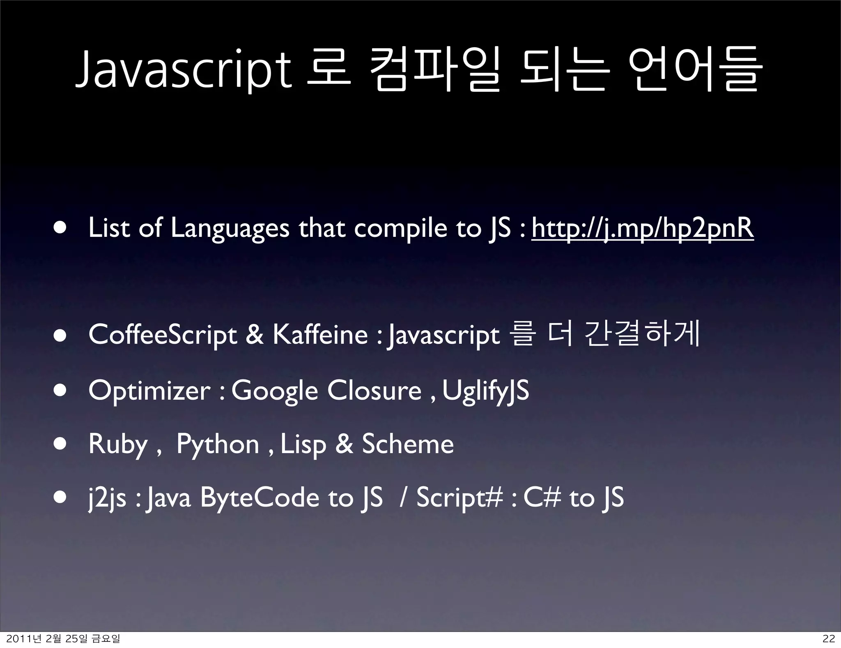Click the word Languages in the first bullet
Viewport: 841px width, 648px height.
(230, 229)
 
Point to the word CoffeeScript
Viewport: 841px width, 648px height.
(163, 335)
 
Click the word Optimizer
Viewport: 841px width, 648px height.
(149, 391)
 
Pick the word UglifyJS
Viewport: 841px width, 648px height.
(486, 391)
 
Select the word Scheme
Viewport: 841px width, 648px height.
(407, 444)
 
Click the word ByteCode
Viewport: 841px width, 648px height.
(260, 498)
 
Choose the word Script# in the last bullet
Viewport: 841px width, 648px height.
(460, 498)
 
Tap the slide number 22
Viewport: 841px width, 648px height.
(829, 639)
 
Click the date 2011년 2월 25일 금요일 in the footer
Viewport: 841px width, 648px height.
(64, 639)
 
